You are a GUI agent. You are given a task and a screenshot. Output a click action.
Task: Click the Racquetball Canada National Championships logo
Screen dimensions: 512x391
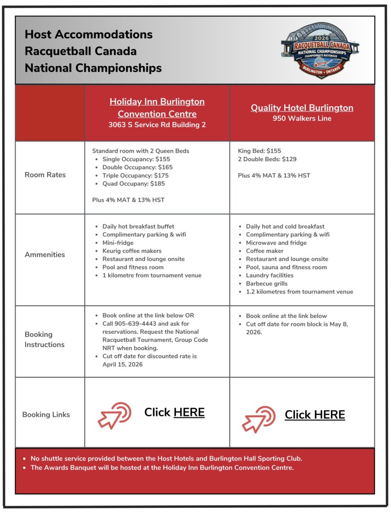click(320, 50)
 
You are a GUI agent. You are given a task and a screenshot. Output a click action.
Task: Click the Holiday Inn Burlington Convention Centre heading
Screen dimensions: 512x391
click(157, 107)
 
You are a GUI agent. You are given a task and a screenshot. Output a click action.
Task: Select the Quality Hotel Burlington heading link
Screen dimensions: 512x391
click(302, 108)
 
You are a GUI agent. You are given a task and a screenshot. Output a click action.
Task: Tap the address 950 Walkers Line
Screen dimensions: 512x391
click(302, 119)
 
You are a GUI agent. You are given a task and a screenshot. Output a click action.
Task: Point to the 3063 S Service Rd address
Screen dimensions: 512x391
click(157, 125)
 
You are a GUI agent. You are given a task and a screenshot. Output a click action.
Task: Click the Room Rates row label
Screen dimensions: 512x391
click(45, 175)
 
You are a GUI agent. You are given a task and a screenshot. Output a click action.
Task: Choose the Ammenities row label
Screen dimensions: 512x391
click(44, 255)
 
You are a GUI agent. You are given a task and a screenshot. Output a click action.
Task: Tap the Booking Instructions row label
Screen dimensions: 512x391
click(44, 340)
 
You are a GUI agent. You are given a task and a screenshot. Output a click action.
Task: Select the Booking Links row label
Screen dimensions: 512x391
click(46, 415)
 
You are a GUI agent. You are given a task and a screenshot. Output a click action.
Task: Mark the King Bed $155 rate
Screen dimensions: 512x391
click(259, 151)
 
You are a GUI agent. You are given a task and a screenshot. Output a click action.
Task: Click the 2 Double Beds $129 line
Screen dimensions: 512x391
click(267, 159)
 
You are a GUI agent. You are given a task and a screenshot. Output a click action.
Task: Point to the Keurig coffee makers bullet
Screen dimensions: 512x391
click(132, 251)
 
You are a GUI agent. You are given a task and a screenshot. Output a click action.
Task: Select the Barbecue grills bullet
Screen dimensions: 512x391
click(267, 283)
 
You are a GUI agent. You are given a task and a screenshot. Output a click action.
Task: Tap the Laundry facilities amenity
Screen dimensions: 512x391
click(269, 275)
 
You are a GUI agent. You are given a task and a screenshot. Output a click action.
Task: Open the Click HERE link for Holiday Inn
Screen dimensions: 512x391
click(189, 412)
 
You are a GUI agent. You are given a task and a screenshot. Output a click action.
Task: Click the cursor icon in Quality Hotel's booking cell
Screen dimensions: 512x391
click(259, 419)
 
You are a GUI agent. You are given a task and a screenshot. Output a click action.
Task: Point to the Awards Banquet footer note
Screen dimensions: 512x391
click(162, 468)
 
